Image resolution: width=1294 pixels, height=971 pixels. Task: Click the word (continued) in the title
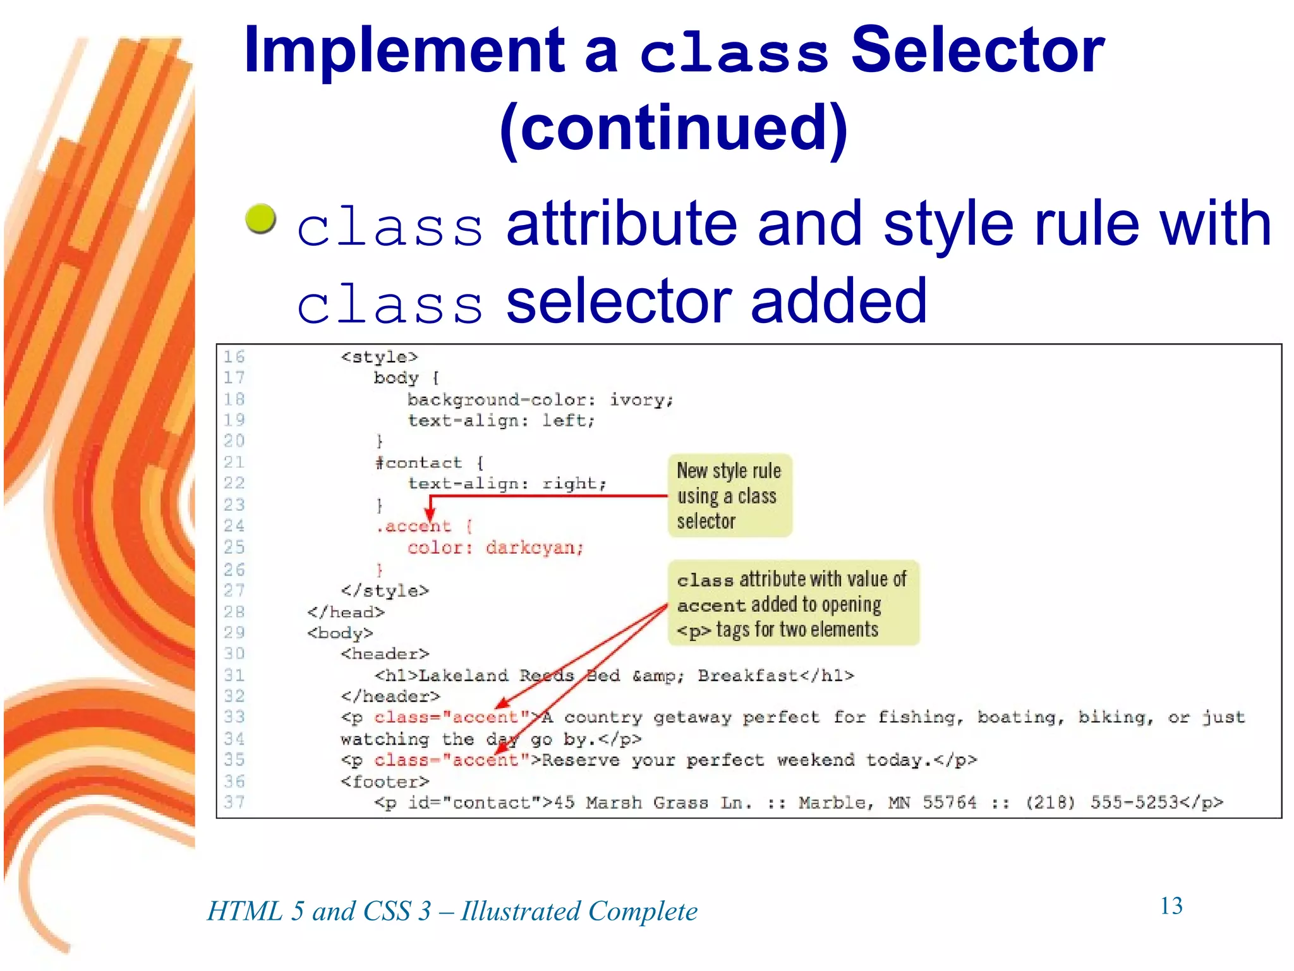(674, 128)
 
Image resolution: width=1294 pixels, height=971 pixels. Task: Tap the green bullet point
(260, 219)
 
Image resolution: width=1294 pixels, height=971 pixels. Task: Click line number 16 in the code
(234, 357)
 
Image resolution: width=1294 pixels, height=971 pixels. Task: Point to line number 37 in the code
(234, 802)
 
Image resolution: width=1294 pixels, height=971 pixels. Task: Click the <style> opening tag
(379, 357)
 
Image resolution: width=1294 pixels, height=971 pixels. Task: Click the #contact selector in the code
(418, 463)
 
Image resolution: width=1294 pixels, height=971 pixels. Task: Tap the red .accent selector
(414, 526)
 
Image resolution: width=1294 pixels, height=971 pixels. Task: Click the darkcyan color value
(534, 547)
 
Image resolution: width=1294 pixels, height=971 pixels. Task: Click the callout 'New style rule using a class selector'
(729, 496)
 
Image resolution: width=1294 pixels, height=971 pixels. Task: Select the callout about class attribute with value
(792, 603)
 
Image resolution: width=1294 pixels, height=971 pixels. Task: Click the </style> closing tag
(384, 590)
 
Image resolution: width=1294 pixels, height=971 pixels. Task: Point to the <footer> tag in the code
(384, 782)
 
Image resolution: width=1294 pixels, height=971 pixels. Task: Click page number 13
(1171, 906)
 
